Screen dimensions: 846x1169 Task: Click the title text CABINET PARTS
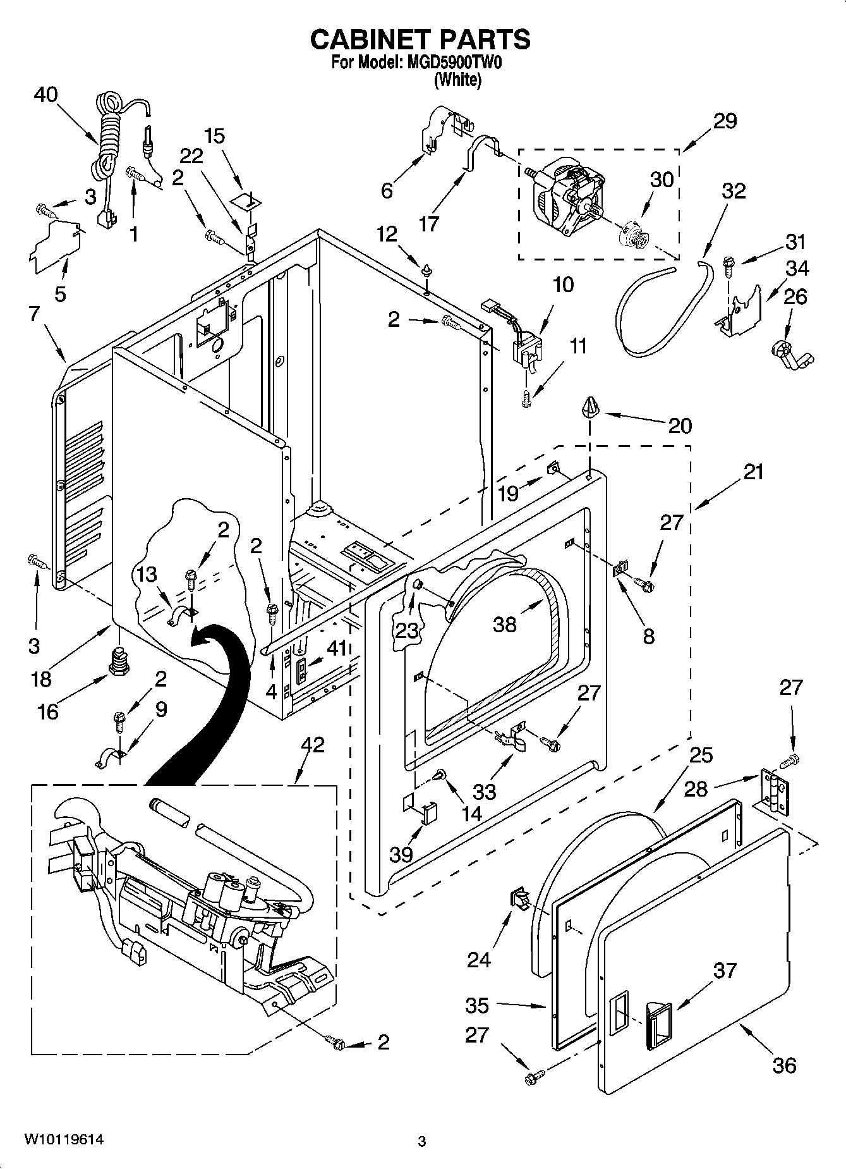coord(420,39)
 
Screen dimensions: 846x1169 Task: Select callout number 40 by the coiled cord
coord(45,94)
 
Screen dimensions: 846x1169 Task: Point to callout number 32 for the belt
coord(733,190)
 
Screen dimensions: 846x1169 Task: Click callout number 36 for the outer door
coord(784,1065)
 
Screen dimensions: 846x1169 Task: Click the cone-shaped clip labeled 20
coord(589,408)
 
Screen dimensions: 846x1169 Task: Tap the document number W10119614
coord(64,1139)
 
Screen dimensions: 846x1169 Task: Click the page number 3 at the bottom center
coord(422,1141)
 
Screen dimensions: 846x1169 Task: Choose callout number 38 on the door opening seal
coord(505,624)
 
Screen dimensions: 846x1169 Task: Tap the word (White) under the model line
coord(458,80)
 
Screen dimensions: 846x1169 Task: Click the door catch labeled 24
coord(519,898)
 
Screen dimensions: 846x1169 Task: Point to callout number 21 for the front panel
coord(753,472)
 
